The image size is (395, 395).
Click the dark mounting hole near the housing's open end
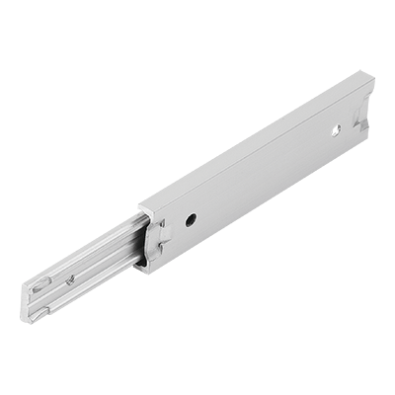coord(191,219)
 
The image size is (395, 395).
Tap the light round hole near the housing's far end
coord(336,128)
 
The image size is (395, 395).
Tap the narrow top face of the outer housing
coord(257,138)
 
